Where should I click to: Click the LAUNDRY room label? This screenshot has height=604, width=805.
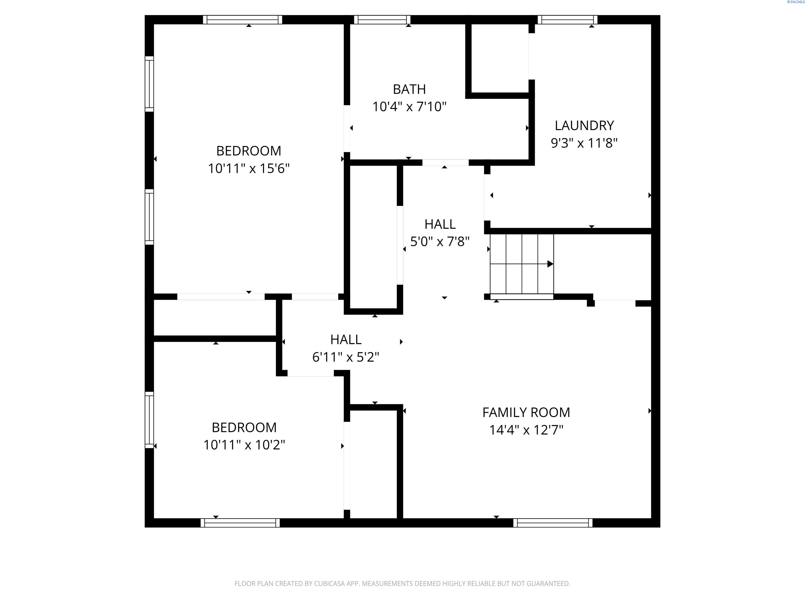pyautogui.click(x=584, y=126)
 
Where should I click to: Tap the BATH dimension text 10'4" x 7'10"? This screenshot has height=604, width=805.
pyautogui.click(x=409, y=107)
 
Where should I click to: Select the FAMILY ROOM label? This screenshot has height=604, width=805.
pyautogui.click(x=526, y=412)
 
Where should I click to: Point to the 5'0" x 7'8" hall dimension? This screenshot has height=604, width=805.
pyautogui.click(x=440, y=242)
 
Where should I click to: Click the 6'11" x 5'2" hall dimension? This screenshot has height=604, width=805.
pyautogui.click(x=345, y=357)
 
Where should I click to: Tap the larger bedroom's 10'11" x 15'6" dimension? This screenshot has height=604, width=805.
pyautogui.click(x=249, y=169)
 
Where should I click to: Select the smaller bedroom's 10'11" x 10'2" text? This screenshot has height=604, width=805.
pyautogui.click(x=244, y=445)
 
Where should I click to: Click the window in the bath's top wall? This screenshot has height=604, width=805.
pyautogui.click(x=382, y=20)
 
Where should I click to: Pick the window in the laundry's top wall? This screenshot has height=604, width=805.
pyautogui.click(x=567, y=20)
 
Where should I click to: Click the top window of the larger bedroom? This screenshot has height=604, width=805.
pyautogui.click(x=242, y=20)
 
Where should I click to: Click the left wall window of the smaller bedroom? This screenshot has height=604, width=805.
pyautogui.click(x=149, y=420)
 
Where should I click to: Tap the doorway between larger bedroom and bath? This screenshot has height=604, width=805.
pyautogui.click(x=347, y=128)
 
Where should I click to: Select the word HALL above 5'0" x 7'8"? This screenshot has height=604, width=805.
pyautogui.click(x=440, y=224)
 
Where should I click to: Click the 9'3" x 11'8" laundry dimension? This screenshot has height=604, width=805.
pyautogui.click(x=584, y=143)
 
